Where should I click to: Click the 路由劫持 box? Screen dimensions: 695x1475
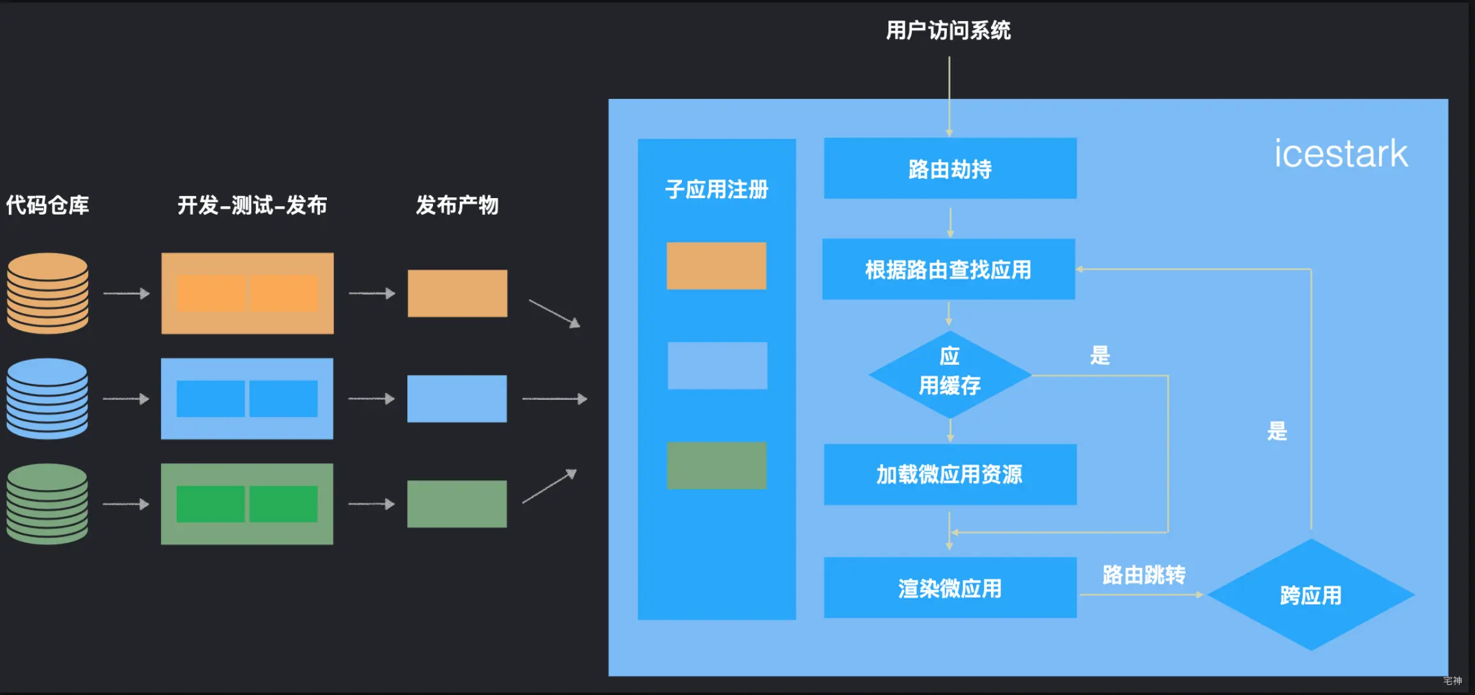(x=949, y=169)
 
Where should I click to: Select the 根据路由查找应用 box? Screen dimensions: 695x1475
(x=948, y=270)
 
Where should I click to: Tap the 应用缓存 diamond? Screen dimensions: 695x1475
(x=949, y=374)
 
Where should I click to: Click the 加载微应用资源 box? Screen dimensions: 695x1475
(x=949, y=475)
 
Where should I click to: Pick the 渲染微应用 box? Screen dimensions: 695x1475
(x=949, y=588)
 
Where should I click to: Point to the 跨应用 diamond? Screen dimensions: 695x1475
(x=1310, y=595)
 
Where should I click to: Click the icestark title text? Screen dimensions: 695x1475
(x=1340, y=154)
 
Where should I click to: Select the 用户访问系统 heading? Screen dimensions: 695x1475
(x=948, y=30)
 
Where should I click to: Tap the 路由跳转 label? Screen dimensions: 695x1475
(x=1144, y=575)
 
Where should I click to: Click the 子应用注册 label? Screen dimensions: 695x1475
(x=716, y=189)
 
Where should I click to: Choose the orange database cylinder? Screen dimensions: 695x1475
(x=48, y=293)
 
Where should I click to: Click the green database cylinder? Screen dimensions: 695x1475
(x=48, y=504)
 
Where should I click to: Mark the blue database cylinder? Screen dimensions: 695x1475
(x=48, y=399)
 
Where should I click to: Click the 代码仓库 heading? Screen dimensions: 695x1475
(x=48, y=205)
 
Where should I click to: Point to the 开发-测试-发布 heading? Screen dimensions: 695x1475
(x=252, y=205)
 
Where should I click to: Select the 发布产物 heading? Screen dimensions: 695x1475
(x=457, y=205)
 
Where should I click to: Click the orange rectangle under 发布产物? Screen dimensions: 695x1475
(x=457, y=293)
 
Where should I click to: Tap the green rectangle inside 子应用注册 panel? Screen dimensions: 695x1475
(x=716, y=466)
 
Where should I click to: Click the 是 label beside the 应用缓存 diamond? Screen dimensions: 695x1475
(x=1100, y=355)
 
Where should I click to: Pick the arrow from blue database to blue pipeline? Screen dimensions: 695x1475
(x=126, y=399)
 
